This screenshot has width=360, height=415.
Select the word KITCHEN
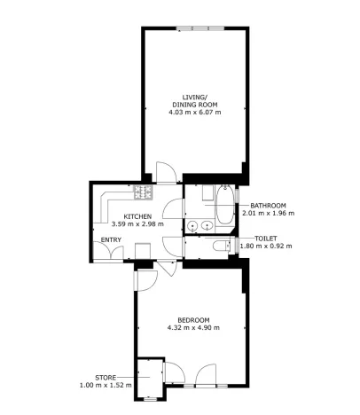[x=137, y=216]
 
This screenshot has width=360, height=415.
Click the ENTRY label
[x=111, y=239]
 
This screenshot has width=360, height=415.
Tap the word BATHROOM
[x=267, y=206]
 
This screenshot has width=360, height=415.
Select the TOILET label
[x=266, y=238]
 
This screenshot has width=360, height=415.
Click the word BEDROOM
[x=192, y=320]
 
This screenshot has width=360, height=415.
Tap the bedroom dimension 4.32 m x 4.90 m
[x=192, y=328]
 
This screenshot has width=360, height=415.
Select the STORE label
[x=106, y=377]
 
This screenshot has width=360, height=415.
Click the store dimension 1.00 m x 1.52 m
[x=106, y=385]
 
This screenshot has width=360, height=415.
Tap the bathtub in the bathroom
[x=225, y=205]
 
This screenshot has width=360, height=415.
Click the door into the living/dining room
[x=165, y=171]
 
